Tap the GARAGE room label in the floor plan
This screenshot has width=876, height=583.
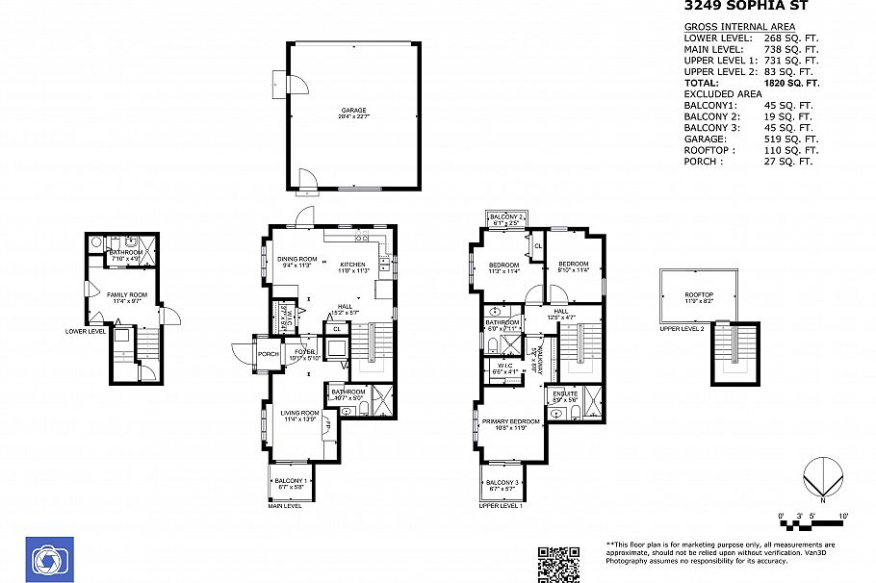point(352,111)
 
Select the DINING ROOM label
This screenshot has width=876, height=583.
point(296,259)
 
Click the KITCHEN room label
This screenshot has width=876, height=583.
point(352,265)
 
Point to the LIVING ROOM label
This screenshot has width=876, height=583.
point(298,414)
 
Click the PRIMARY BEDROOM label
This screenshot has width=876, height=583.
point(510,422)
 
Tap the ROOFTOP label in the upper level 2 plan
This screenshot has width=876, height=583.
point(698,295)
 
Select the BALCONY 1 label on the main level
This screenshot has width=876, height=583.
point(290,481)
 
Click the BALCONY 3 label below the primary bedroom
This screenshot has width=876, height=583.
point(502,482)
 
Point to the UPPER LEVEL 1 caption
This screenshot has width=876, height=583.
point(500,505)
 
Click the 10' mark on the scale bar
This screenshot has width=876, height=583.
point(843,517)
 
